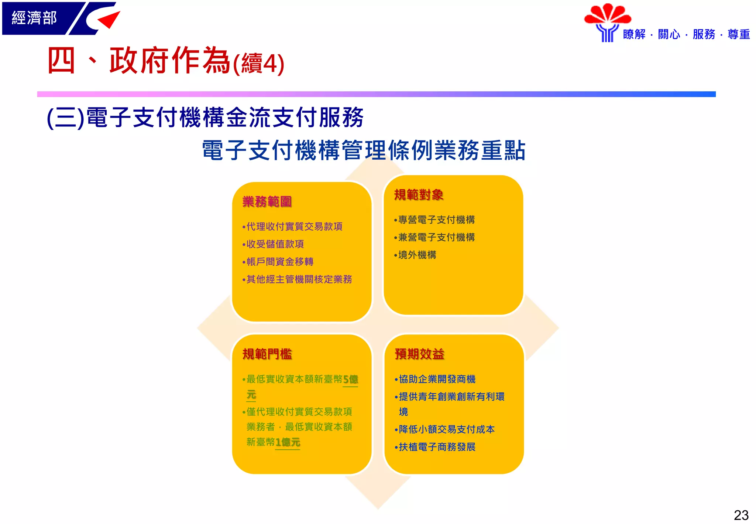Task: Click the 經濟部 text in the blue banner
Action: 34,18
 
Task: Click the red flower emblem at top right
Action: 607,15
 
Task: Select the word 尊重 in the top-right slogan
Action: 738,34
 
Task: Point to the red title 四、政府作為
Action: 138,61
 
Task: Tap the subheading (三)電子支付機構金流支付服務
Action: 205,118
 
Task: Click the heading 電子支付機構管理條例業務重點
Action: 364,150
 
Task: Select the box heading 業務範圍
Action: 267,202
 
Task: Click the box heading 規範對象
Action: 419,195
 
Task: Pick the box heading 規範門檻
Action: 267,354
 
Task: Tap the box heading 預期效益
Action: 419,354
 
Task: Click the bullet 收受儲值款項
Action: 275,244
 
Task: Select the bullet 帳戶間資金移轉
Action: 279,262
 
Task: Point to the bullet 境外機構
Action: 417,255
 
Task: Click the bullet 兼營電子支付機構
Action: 436,237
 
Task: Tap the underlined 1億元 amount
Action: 288,442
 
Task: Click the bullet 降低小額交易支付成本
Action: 446,429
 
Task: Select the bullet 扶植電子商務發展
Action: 437,447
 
